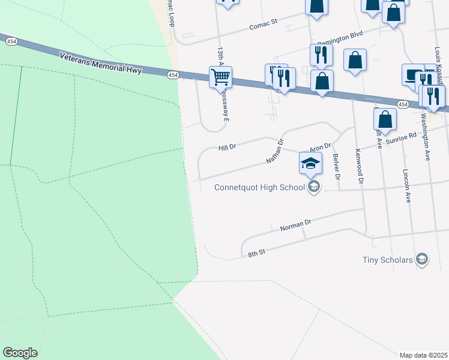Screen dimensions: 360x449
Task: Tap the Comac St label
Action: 264,25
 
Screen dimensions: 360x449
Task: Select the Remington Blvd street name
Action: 340,39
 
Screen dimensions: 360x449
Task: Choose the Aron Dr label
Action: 320,147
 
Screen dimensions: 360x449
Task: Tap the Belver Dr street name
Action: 337,167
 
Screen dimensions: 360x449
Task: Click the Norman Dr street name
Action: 296,226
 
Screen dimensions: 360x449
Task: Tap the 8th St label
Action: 256,254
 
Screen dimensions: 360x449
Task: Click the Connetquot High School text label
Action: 260,188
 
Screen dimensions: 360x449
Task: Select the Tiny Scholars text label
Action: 388,260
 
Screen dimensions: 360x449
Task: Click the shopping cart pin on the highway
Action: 221,77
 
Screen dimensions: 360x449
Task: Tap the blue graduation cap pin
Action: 310,163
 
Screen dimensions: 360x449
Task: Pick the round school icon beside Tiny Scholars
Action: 422,259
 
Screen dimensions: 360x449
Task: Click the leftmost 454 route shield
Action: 11,41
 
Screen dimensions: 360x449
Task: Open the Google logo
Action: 20,353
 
